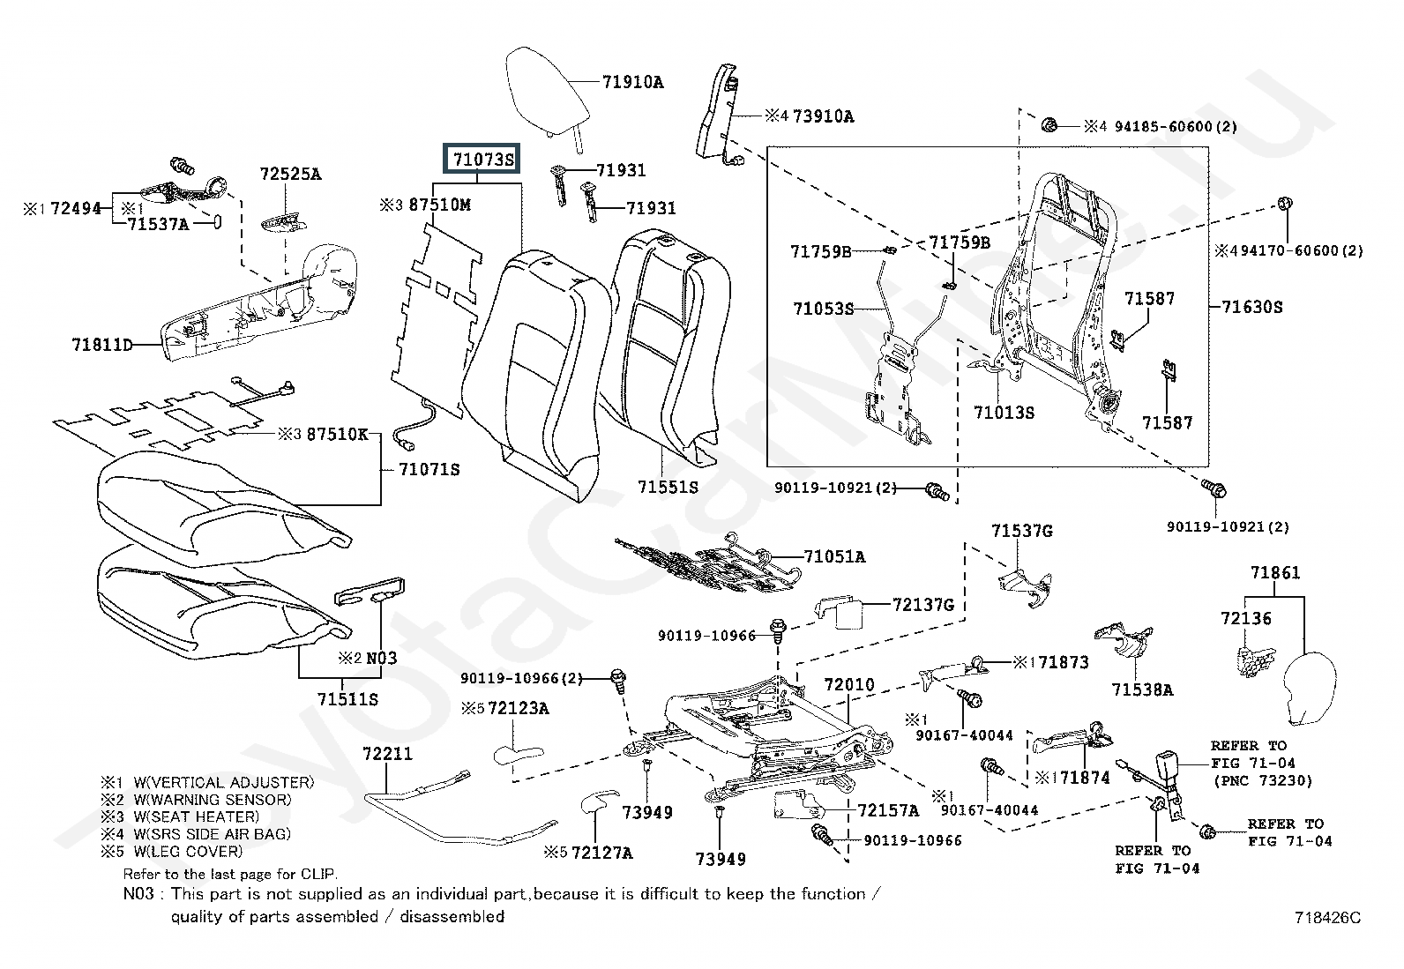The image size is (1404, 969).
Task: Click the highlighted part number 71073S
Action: click(x=482, y=160)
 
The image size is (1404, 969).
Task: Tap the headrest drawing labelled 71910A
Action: click(x=546, y=88)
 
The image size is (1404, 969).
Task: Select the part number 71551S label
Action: click(x=668, y=486)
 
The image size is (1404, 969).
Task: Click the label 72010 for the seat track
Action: click(x=849, y=684)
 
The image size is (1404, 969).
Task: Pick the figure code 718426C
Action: click(x=1327, y=917)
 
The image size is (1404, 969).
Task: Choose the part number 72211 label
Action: click(x=387, y=754)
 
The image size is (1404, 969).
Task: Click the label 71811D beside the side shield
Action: click(x=101, y=345)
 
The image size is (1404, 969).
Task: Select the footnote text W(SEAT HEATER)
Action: click(x=196, y=816)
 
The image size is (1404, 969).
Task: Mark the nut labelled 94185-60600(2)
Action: click(x=1050, y=124)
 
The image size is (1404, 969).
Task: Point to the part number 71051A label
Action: click(x=834, y=556)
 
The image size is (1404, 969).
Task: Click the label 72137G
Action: click(x=923, y=605)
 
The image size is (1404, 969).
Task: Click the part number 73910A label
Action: click(x=823, y=116)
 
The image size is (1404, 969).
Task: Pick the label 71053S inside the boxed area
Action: click(x=823, y=309)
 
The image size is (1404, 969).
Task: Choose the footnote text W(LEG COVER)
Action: click(x=187, y=851)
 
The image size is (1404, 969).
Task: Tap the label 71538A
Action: click(x=1142, y=689)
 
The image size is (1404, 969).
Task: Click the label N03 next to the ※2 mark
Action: click(x=381, y=658)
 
